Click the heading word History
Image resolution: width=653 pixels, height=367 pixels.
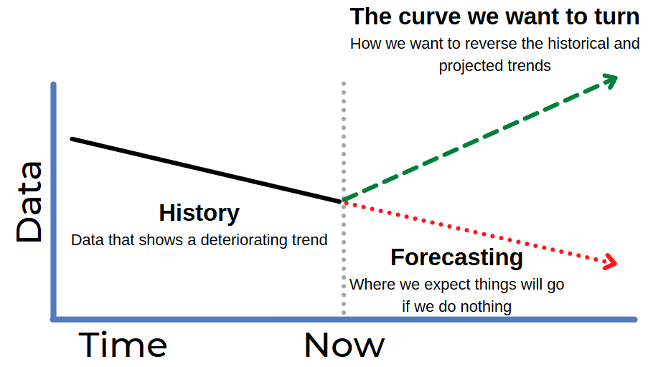tap(199, 214)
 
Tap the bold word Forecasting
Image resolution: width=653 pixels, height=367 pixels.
tap(456, 258)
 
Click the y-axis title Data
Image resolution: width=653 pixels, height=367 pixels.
tap(29, 202)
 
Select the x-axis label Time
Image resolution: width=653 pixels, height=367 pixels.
tap(123, 345)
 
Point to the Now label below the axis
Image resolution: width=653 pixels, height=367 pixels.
tap(344, 345)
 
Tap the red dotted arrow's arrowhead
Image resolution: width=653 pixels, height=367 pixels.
tap(611, 262)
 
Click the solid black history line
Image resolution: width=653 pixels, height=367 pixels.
tap(207, 170)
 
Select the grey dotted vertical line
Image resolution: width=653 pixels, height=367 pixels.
tap(344, 199)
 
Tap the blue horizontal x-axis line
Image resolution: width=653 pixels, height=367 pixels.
tap(344, 320)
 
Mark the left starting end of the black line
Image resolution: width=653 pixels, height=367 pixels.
tap(72, 138)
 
